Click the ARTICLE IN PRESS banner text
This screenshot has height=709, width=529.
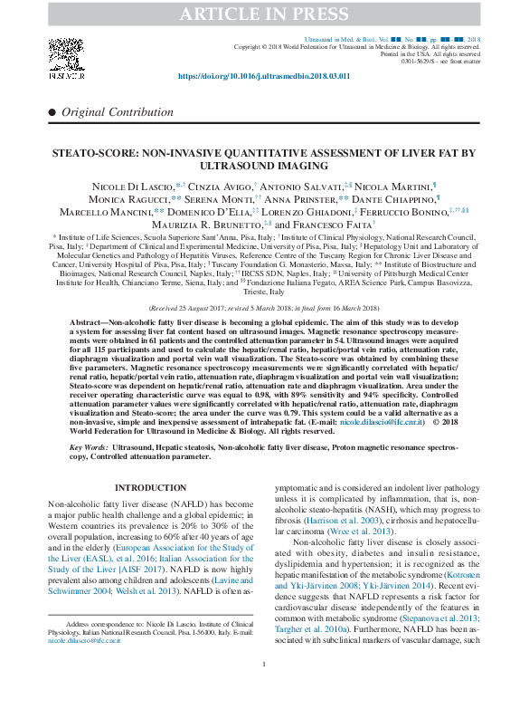pyautogui.click(x=264, y=14)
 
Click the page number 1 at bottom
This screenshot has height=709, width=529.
pyautogui.click(x=264, y=690)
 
